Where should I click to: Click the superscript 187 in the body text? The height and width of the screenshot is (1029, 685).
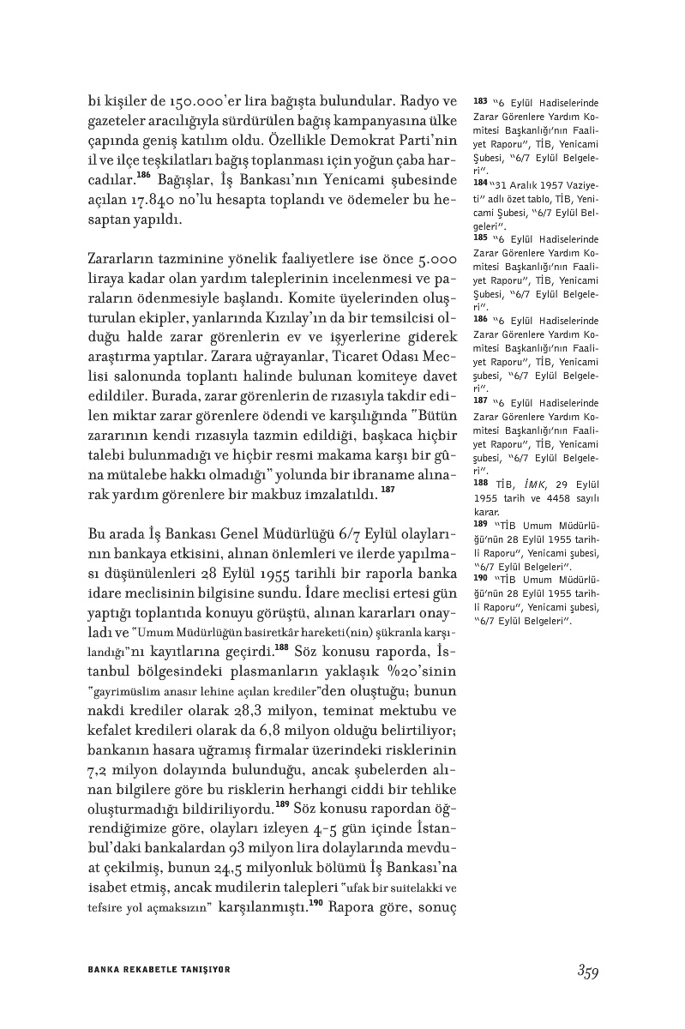(388, 489)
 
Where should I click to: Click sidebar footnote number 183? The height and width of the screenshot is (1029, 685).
(480, 101)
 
